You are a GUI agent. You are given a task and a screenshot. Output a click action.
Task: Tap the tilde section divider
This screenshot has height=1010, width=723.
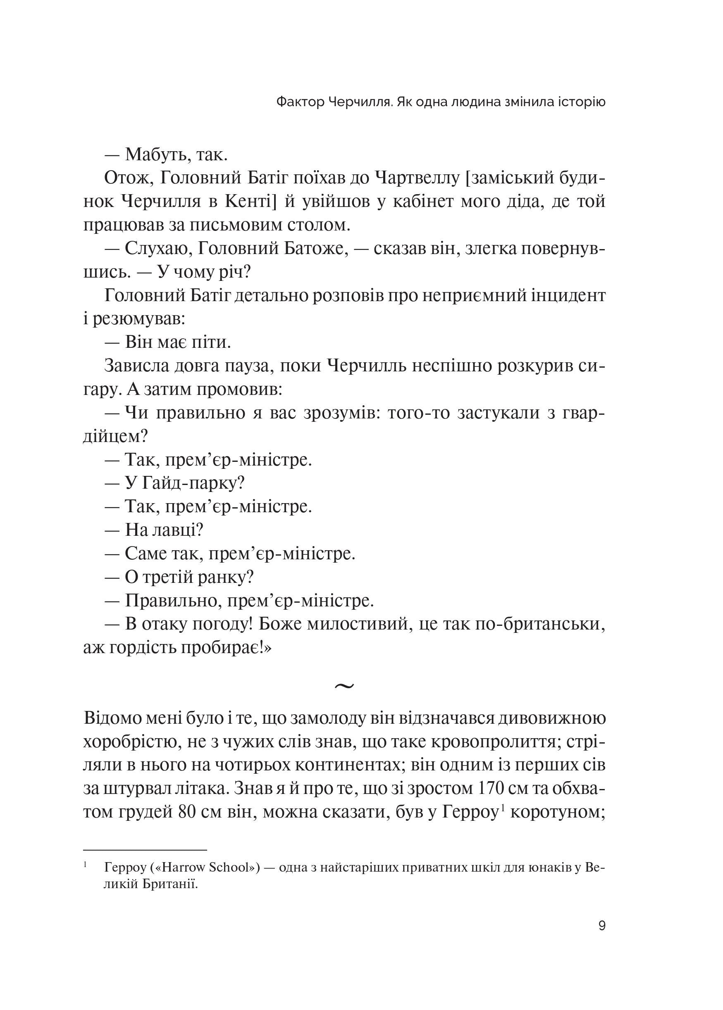[x=344, y=686]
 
